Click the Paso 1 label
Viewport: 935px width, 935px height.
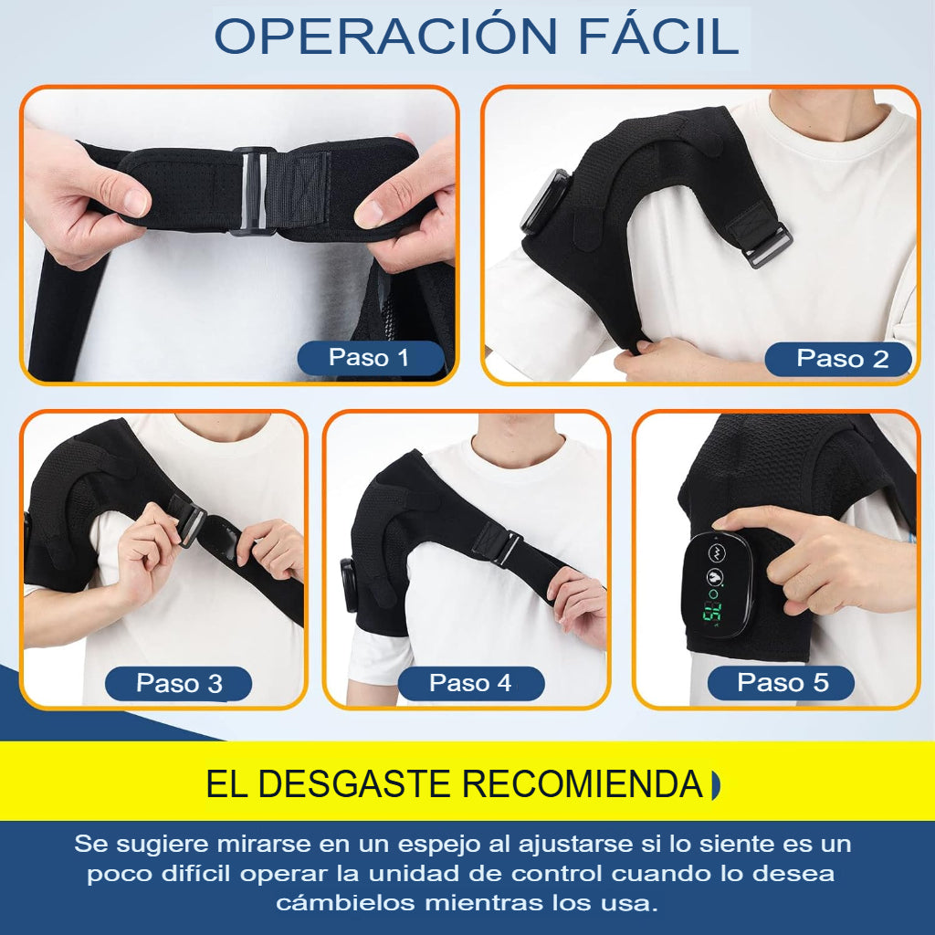point(369,358)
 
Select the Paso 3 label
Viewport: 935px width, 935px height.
point(179,683)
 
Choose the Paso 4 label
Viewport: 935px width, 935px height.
point(470,683)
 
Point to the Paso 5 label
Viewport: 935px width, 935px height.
point(783,682)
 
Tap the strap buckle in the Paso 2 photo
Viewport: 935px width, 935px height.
point(766,245)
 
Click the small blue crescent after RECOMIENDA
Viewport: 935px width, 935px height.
point(714,784)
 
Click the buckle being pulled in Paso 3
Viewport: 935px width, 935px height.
point(190,522)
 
